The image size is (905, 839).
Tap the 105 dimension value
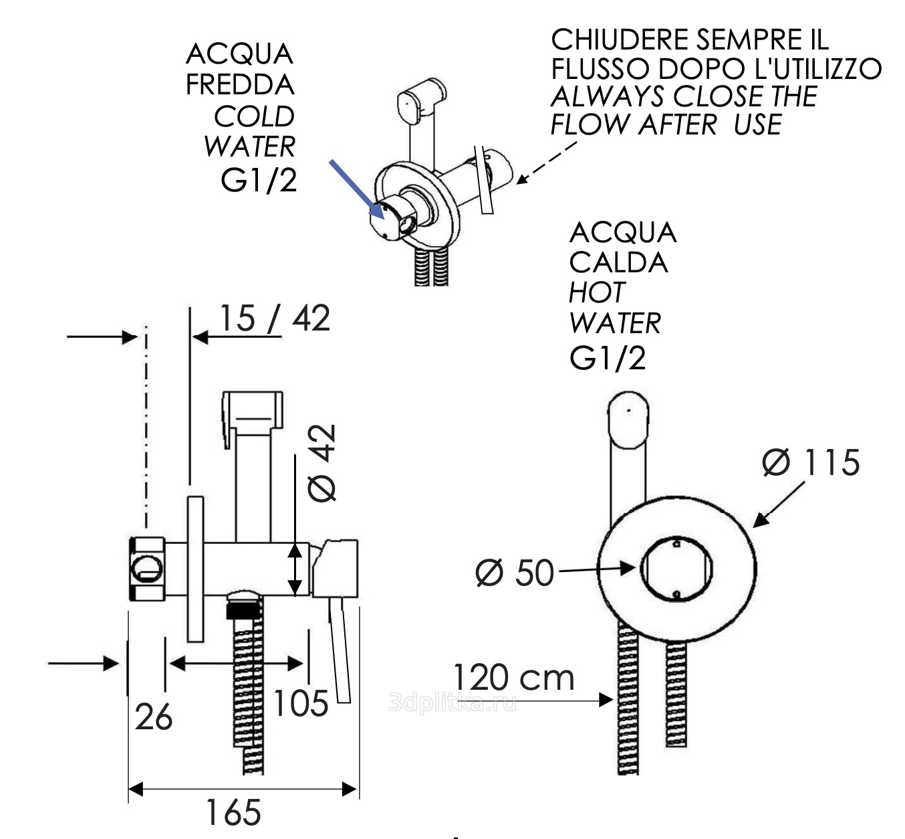click(301, 703)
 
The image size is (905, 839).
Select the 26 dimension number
click(154, 717)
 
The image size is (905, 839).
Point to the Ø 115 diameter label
click(811, 463)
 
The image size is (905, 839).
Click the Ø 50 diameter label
click(515, 573)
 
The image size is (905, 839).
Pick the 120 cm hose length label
click(513, 677)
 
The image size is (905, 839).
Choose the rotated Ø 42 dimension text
click(323, 462)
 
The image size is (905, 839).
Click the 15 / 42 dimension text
click(274, 318)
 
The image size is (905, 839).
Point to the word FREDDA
click(239, 85)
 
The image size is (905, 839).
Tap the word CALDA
click(618, 262)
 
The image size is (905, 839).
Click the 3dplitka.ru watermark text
click(452, 703)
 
